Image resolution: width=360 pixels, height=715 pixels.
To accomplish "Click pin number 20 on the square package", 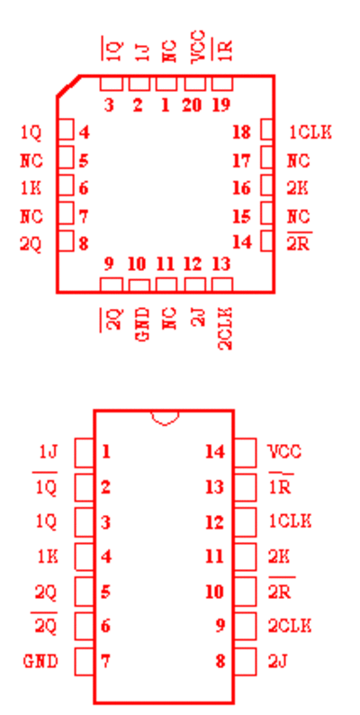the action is tap(192, 105).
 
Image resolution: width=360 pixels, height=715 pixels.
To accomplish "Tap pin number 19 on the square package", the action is tap(221, 105).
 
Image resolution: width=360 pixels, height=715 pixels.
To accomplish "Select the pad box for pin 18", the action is tap(266, 130).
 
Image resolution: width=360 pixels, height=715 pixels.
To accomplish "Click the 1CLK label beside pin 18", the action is tap(310, 132).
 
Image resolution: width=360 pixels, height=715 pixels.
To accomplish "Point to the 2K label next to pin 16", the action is tap(298, 188).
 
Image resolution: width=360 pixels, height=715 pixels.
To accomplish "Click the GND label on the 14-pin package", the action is tap(41, 661).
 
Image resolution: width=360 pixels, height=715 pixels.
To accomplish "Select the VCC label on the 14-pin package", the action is tap(284, 452).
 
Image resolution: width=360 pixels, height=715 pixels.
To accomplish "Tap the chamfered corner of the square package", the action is tap(68, 86).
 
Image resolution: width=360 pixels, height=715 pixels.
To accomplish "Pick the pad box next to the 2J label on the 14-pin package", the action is tap(245, 661).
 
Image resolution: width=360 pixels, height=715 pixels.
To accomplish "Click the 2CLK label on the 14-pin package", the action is tap(290, 626).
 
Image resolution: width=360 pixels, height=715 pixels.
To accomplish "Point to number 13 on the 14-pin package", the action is tap(214, 487).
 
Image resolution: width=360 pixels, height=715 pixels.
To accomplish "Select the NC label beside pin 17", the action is tap(299, 161).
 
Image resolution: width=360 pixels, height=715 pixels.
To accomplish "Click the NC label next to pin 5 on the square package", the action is tap(31, 161).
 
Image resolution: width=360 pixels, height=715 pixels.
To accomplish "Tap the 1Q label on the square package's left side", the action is tap(31, 133).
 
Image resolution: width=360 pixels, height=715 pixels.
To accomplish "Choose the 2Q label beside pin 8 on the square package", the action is tap(31, 245).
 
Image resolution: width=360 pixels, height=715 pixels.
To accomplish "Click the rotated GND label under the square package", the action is tap(142, 325).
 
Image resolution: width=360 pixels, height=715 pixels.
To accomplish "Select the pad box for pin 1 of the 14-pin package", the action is tap(85, 452).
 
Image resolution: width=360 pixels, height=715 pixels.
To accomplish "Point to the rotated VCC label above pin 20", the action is tap(198, 47).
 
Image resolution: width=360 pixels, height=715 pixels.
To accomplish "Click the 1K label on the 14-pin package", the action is tap(48, 557).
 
